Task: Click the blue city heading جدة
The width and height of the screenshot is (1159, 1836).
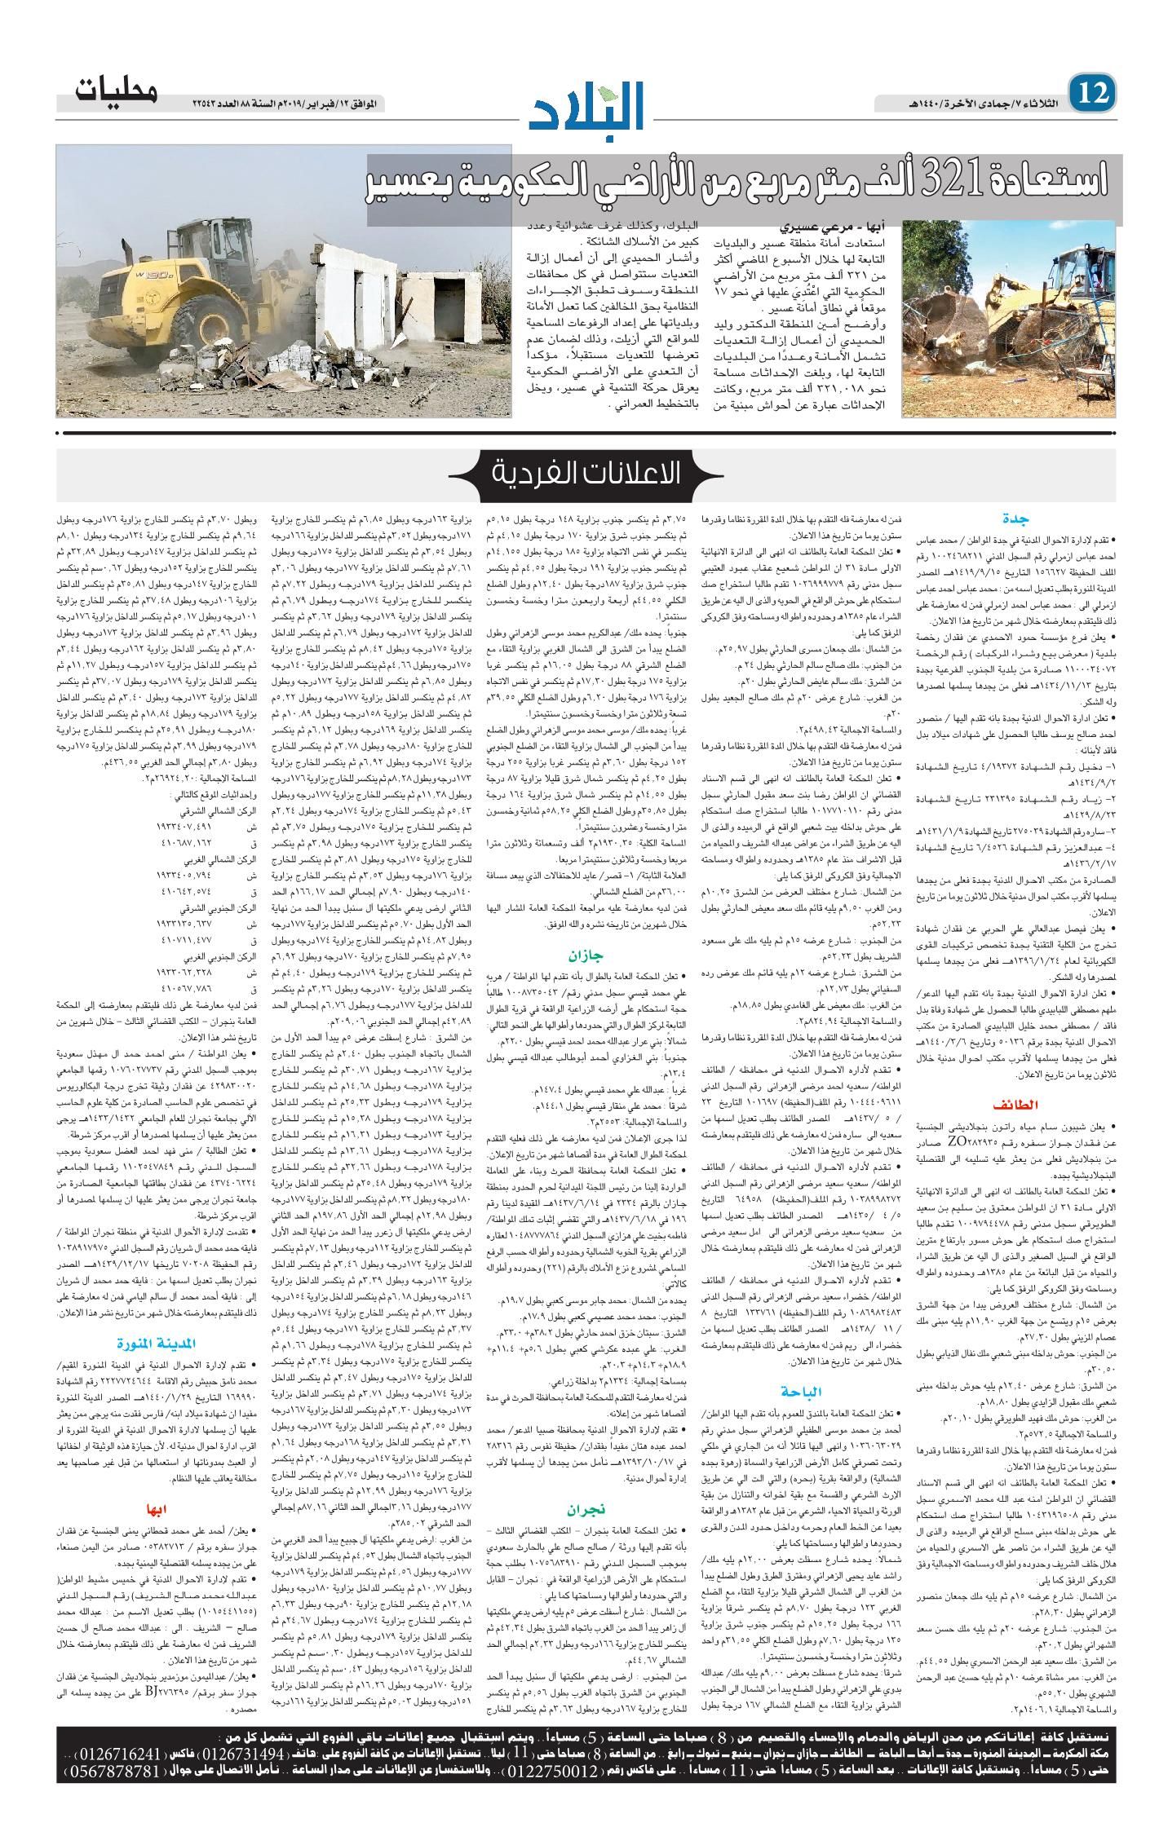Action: (1018, 517)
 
